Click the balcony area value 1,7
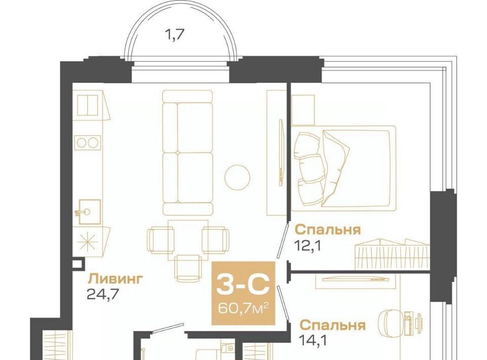click(x=174, y=35)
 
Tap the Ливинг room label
click(x=116, y=279)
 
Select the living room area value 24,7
click(x=103, y=294)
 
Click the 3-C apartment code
click(x=242, y=284)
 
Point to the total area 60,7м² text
click(x=243, y=308)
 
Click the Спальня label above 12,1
click(x=328, y=230)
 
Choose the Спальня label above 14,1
click(x=333, y=325)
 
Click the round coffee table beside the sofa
click(x=237, y=177)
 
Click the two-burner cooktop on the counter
click(x=88, y=143)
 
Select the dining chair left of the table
click(x=160, y=239)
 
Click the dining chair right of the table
click(x=216, y=239)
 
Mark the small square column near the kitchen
click(x=77, y=264)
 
